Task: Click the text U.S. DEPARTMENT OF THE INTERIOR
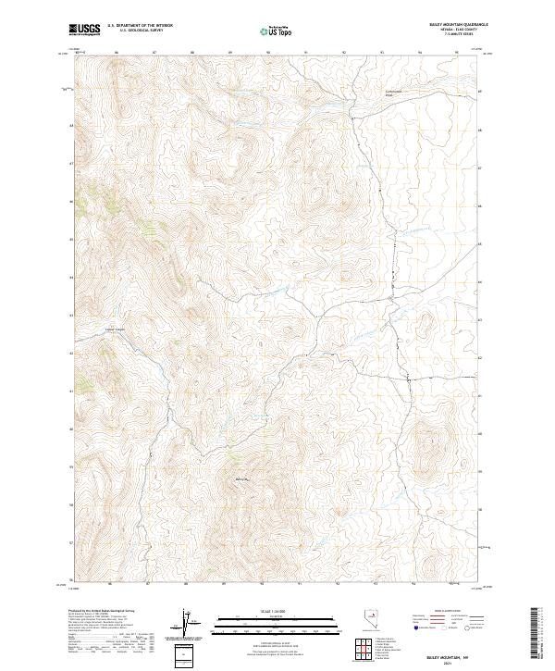[x=140, y=26]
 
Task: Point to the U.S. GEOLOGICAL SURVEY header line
[x=140, y=31]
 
